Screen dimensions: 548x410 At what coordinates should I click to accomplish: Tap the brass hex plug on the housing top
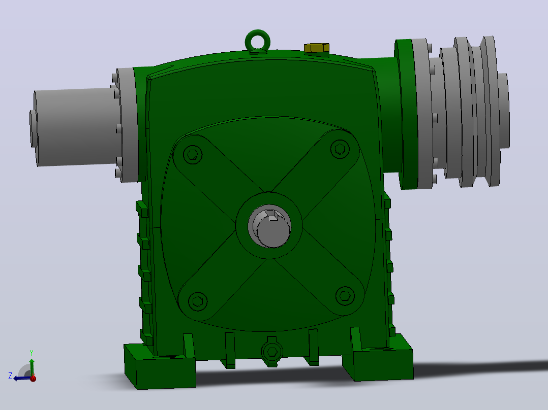(x=317, y=48)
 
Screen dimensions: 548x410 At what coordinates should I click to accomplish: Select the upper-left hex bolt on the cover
(x=192, y=154)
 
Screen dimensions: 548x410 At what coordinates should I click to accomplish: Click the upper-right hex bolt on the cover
(x=340, y=149)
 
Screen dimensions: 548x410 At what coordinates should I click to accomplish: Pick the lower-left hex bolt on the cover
(x=198, y=301)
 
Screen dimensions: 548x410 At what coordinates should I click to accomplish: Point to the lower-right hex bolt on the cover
(x=345, y=296)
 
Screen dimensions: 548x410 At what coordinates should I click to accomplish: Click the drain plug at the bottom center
(x=272, y=352)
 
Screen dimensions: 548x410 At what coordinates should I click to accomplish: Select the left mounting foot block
(x=160, y=366)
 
